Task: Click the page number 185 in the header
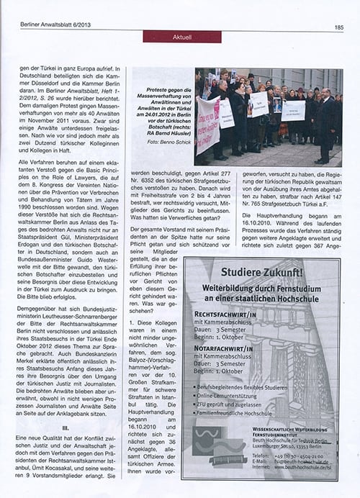tap(338, 27)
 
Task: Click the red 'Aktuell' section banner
tap(171, 37)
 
